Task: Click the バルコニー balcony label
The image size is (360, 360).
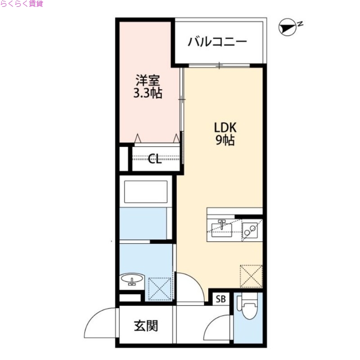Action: pyautogui.click(x=218, y=42)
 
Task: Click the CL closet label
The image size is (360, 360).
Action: pyautogui.click(x=155, y=158)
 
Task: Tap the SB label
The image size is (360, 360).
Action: pyautogui.click(x=220, y=299)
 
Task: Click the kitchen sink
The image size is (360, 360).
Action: pyautogui.click(x=222, y=228)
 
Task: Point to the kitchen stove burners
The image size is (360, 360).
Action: pyautogui.click(x=250, y=230)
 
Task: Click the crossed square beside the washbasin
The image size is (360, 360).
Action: pyautogui.click(x=160, y=288)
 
